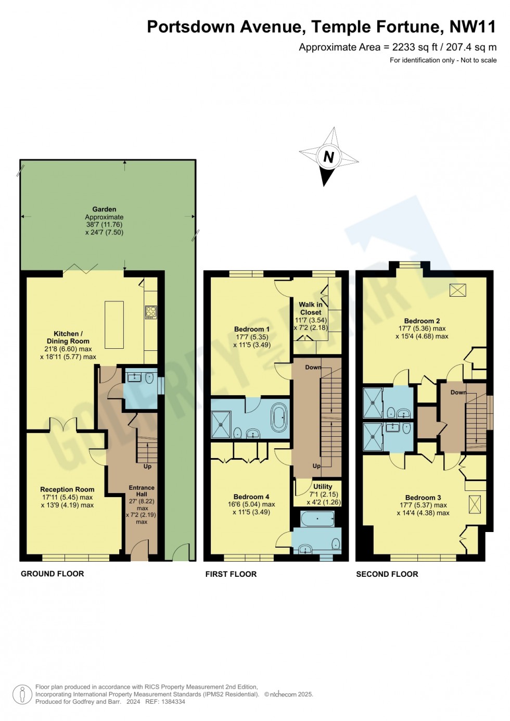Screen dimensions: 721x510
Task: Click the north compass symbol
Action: point(328,157)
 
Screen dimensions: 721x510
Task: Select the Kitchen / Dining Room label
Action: point(68,337)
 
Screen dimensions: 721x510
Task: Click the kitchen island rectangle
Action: point(114,324)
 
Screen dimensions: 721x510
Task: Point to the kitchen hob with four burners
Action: point(151,312)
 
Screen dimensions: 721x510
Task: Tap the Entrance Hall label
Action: point(142,491)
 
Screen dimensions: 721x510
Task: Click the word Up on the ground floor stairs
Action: point(147,466)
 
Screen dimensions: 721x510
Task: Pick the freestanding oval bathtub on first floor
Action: point(279,417)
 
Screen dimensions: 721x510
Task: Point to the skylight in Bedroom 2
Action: point(457,290)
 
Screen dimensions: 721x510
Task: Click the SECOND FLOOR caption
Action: point(387,574)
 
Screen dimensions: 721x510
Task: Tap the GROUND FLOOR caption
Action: point(52,574)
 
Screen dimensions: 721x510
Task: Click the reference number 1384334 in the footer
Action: point(173,702)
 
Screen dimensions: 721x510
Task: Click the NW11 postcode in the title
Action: point(473,27)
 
